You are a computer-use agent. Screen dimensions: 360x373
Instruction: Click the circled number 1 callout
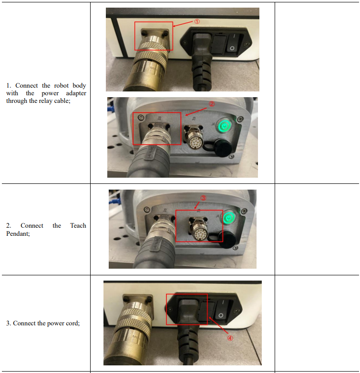(197, 21)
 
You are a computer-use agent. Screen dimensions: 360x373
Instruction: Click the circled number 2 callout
(212, 104)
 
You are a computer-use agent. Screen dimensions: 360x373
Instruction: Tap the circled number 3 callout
(203, 198)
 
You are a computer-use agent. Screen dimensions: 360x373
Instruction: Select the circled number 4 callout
(230, 338)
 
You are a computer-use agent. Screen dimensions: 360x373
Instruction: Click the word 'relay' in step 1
(45, 101)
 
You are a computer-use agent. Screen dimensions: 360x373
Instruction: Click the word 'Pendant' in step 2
(17, 233)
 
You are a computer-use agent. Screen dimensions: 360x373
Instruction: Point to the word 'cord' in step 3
(73, 323)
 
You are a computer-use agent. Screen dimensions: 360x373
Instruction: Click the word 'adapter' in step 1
(76, 93)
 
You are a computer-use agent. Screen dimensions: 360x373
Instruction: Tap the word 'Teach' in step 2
(78, 225)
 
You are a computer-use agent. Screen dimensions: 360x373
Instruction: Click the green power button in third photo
(229, 217)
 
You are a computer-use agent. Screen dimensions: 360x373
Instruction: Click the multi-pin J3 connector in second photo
(193, 137)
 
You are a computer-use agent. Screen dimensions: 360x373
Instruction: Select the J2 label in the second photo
(159, 118)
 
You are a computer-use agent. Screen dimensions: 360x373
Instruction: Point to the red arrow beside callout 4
(218, 325)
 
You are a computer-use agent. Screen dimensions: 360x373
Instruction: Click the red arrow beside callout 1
(183, 23)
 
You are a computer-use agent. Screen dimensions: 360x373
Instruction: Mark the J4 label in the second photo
(213, 124)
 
